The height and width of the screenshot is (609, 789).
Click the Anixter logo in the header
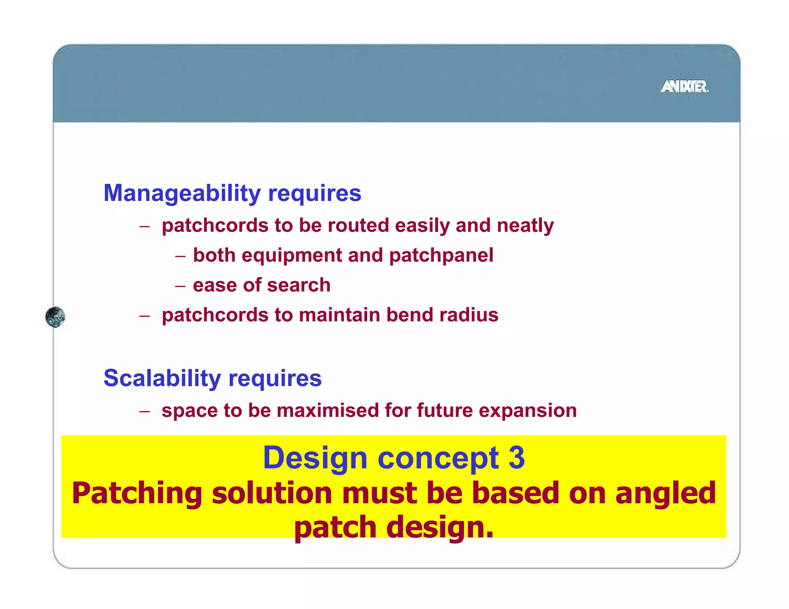click(x=685, y=87)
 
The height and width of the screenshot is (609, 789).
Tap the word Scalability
click(x=162, y=378)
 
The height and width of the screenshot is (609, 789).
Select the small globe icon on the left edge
click(x=55, y=317)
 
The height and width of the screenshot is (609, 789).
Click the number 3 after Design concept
click(x=516, y=458)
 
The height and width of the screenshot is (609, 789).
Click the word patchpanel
click(x=441, y=256)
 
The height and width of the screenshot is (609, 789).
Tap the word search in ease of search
click(x=299, y=285)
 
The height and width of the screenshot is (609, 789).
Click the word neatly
click(x=525, y=226)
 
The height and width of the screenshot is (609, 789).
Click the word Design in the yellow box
click(x=315, y=458)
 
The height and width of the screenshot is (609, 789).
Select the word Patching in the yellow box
click(x=137, y=494)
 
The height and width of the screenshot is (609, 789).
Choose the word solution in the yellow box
click(x=272, y=494)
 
